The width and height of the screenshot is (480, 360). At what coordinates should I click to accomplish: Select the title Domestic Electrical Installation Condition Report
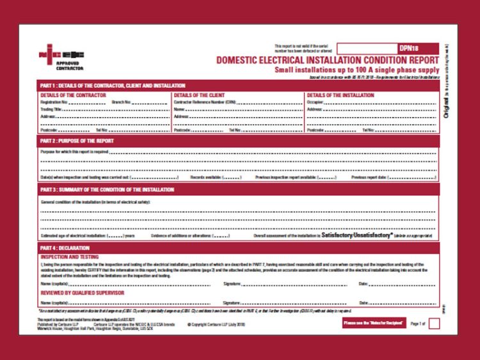click(x=327, y=59)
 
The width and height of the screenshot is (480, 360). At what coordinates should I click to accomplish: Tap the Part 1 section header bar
click(x=113, y=86)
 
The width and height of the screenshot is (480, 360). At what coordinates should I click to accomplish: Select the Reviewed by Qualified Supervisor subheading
click(x=83, y=293)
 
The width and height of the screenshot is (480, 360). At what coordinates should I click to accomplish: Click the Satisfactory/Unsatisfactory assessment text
click(x=356, y=235)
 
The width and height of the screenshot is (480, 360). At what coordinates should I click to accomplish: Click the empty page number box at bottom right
click(x=433, y=324)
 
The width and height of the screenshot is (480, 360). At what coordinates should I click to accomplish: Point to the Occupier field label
click(x=315, y=102)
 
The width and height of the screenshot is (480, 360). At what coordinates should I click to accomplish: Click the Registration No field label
click(x=53, y=102)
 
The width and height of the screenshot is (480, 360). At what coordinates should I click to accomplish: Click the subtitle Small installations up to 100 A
click(x=356, y=68)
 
